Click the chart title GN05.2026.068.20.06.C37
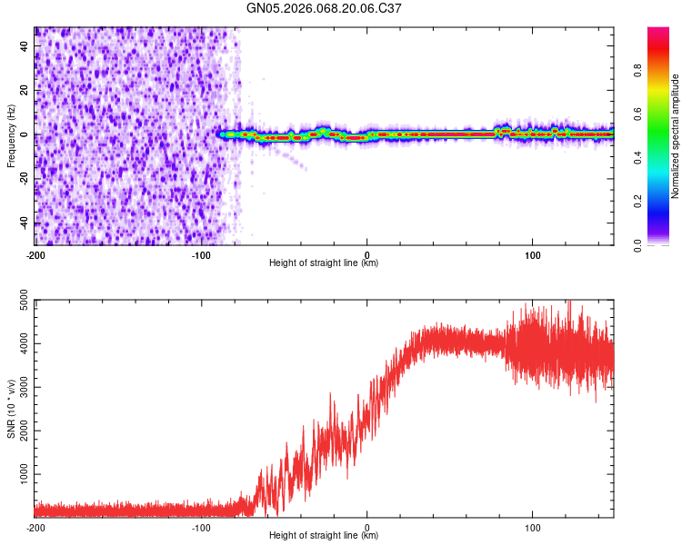pyautogui.click(x=325, y=8)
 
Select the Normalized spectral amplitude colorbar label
pyautogui.click(x=676, y=136)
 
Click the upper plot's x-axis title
pyautogui.click(x=324, y=263)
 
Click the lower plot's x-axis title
pyautogui.click(x=324, y=536)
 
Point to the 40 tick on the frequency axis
pyautogui.click(x=25, y=45)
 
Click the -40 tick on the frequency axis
pyautogui.click(x=25, y=223)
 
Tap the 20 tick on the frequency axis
pyautogui.click(x=25, y=90)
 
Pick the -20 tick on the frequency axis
pyautogui.click(x=25, y=179)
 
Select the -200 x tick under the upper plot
pyautogui.click(x=35, y=253)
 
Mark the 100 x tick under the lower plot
pyautogui.click(x=533, y=526)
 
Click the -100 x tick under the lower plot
pyautogui.click(x=201, y=526)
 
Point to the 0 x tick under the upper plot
pyautogui.click(x=367, y=253)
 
